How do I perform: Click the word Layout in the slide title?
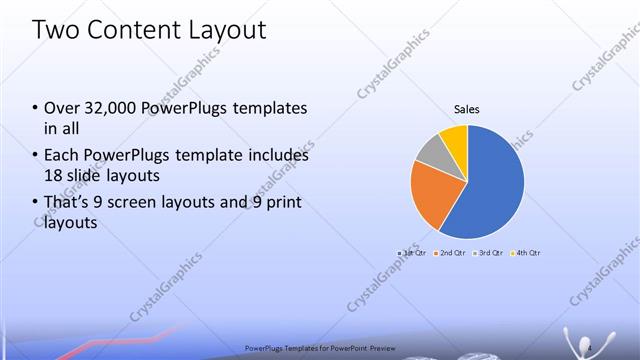pyautogui.click(x=221, y=30)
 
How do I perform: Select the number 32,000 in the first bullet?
pyautogui.click(x=105, y=107)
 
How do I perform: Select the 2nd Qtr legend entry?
pyautogui.click(x=451, y=253)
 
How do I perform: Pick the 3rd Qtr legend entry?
pyautogui.click(x=489, y=253)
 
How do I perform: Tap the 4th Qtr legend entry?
pyautogui.click(x=526, y=253)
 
